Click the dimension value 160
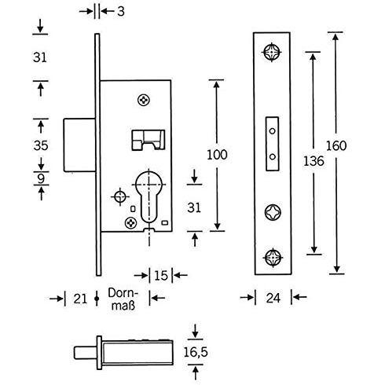[x=336, y=145]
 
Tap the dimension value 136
[x=313, y=161]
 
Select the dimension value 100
[x=217, y=155]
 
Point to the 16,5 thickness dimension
[x=196, y=352]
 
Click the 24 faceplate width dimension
[x=273, y=298]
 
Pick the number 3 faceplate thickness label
[x=121, y=12]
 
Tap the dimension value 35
[x=41, y=145]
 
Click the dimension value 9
[x=41, y=178]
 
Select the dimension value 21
[x=80, y=299]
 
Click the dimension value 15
[x=161, y=276]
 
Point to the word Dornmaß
[x=123, y=299]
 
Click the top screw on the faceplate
[x=272, y=52]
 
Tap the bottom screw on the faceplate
[x=273, y=258]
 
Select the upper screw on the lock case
[x=144, y=100]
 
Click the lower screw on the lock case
[x=130, y=223]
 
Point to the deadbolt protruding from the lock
[x=79, y=145]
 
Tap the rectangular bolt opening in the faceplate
[x=273, y=144]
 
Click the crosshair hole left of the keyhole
[x=120, y=196]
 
